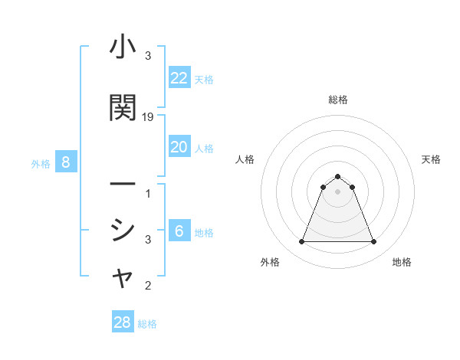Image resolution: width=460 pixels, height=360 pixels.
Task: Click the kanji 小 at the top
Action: pyautogui.click(x=123, y=47)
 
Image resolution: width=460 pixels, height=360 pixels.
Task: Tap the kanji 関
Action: pyautogui.click(x=123, y=107)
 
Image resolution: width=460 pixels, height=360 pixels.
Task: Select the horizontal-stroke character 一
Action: pyautogui.click(x=123, y=185)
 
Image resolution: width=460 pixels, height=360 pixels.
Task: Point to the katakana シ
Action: pyautogui.click(x=123, y=229)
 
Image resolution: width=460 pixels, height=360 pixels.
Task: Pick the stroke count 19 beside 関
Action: pyautogui.click(x=148, y=117)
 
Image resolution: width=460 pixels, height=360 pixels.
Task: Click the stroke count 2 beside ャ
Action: pyautogui.click(x=148, y=286)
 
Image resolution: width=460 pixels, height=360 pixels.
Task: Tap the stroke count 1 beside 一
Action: pyautogui.click(x=148, y=194)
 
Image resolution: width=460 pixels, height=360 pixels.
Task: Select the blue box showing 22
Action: pyautogui.click(x=179, y=78)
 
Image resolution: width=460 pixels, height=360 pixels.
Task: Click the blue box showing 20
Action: pyautogui.click(x=179, y=147)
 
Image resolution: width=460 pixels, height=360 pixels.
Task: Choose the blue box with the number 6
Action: pyautogui.click(x=179, y=231)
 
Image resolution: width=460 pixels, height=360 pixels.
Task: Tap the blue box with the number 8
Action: pyautogui.click(x=66, y=162)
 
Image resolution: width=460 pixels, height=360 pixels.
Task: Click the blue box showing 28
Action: pyautogui.click(x=123, y=322)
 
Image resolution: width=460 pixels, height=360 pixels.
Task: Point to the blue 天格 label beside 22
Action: pyautogui.click(x=204, y=80)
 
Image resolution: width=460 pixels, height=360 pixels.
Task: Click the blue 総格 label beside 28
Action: pyautogui.click(x=147, y=324)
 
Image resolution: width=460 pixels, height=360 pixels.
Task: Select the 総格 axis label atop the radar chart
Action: pyautogui.click(x=338, y=100)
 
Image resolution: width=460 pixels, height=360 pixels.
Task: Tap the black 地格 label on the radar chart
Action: pyautogui.click(x=402, y=262)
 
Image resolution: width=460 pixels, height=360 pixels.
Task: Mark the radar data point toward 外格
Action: pyautogui.click(x=301, y=242)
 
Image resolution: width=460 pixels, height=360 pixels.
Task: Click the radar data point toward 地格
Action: pyautogui.click(x=374, y=242)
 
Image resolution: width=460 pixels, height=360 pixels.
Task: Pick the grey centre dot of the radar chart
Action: pyautogui.click(x=338, y=191)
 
